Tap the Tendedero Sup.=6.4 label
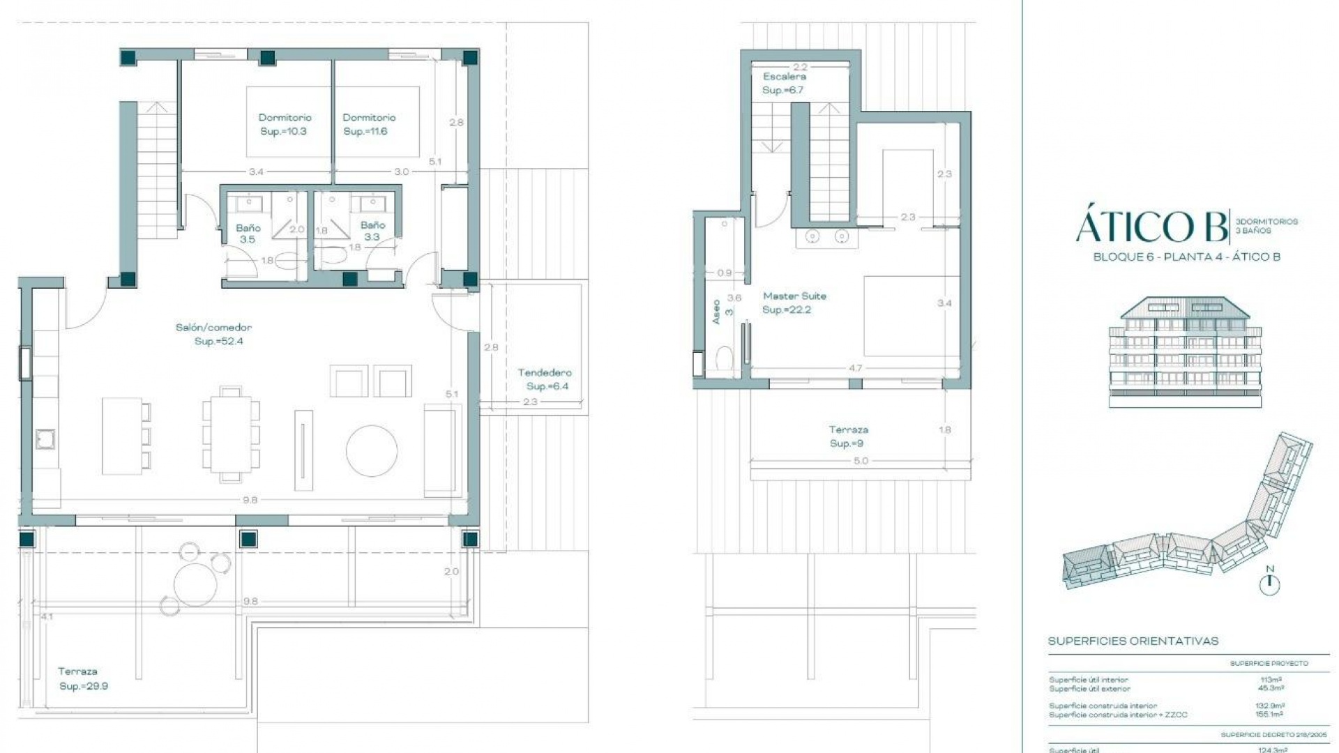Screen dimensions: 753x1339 pyautogui.click(x=545, y=379)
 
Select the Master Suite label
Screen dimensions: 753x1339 pyautogui.click(x=794, y=303)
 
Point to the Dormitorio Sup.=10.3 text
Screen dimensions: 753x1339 pyautogui.click(x=285, y=124)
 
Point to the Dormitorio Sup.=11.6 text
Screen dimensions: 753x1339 pyautogui.click(x=368, y=124)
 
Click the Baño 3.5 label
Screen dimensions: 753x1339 pyautogui.click(x=248, y=233)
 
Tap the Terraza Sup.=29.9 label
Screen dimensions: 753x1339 pyautogui.click(x=82, y=678)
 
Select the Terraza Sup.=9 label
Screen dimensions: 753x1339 pyautogui.click(x=848, y=436)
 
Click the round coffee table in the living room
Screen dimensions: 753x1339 pyautogui.click(x=372, y=451)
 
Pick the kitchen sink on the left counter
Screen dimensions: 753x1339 pyautogui.click(x=46, y=439)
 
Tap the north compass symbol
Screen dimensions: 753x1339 pyautogui.click(x=1270, y=581)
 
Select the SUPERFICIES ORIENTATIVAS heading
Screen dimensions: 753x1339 pyautogui.click(x=1133, y=641)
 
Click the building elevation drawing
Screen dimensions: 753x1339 pyautogui.click(x=1185, y=352)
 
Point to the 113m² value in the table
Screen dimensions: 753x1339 pyautogui.click(x=1271, y=679)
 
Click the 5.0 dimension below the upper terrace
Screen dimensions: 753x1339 pyautogui.click(x=861, y=461)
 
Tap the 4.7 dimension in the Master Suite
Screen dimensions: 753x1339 pyautogui.click(x=855, y=368)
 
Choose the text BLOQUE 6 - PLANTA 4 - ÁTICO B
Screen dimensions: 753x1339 pyautogui.click(x=1186, y=257)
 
